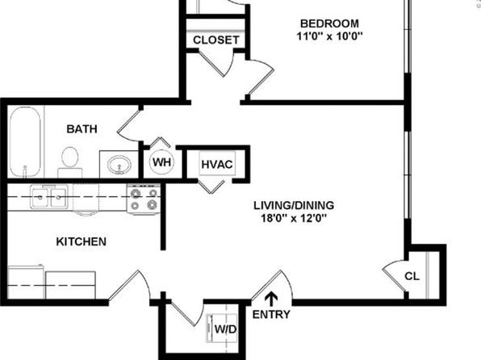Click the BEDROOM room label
pos(329,23)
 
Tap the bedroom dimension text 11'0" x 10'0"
pos(329,36)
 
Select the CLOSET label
pos(216,40)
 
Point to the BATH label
pos(82,129)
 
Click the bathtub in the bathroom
pos(25,142)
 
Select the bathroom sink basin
pos(119,165)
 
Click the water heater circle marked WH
pos(161,162)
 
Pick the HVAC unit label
pos(217,165)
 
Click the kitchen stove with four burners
pos(144,199)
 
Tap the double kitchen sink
pos(49,198)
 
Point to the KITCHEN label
pos(82,241)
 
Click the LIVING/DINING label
pos(294,205)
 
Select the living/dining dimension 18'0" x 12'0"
pos(294,219)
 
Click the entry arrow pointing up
pos(271,299)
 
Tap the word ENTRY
pos(271,314)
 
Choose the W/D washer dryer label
pos(225,329)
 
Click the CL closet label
pos(412,276)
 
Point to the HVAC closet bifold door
pos(211,187)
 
